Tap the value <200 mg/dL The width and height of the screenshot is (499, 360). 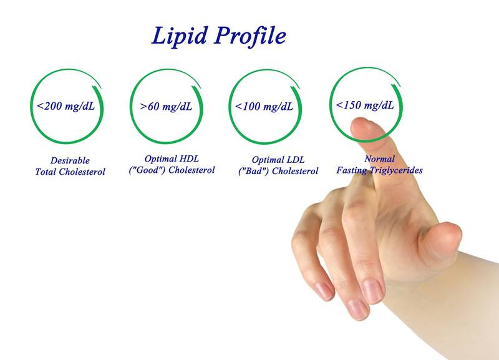pyautogui.click(x=66, y=106)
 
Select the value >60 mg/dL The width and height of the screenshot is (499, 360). pyautogui.click(x=166, y=106)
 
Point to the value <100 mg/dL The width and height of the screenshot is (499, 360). pyautogui.click(x=264, y=106)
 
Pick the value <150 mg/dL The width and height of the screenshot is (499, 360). pyautogui.click(x=365, y=105)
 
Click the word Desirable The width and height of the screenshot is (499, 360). pyautogui.click(x=70, y=160)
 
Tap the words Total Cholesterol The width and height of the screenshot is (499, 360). pyautogui.click(x=70, y=172)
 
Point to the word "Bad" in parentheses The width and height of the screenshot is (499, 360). pyautogui.click(x=254, y=171)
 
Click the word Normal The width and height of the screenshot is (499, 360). pyautogui.click(x=380, y=158)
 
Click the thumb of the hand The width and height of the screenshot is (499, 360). pyautogui.click(x=441, y=240)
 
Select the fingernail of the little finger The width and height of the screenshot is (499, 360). pyautogui.click(x=324, y=291)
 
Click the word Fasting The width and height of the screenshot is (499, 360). pyautogui.click(x=351, y=170)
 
